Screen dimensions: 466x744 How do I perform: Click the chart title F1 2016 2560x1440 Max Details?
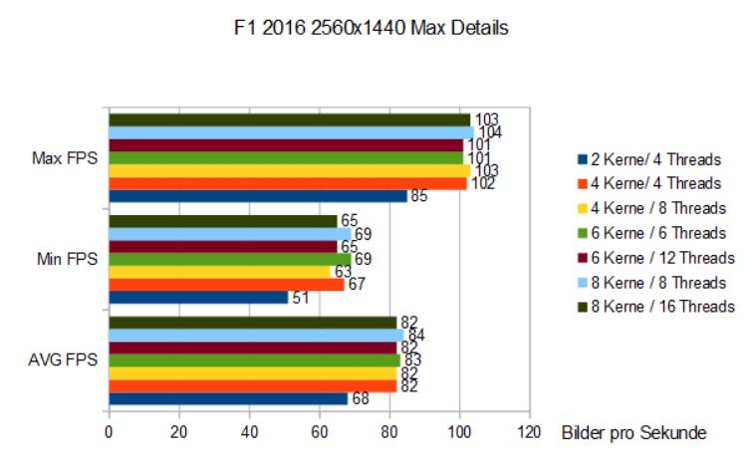[371, 29]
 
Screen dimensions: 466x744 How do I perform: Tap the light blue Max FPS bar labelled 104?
[290, 132]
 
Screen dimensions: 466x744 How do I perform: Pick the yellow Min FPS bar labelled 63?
[218, 272]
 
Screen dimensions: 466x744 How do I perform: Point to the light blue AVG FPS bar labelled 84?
[255, 335]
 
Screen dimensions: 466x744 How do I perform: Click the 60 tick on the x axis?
[319, 432]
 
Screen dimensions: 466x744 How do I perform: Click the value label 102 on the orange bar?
[481, 183]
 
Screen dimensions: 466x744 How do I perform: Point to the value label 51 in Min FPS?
[300, 298]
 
